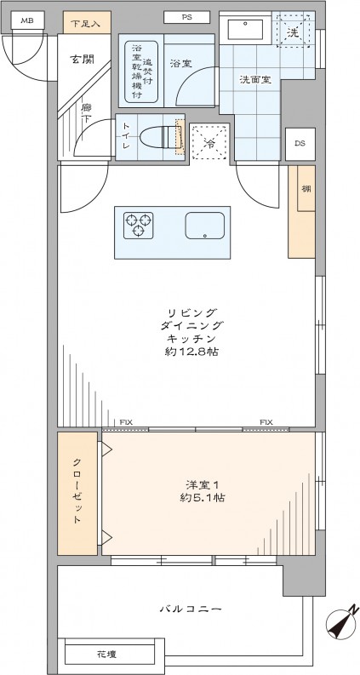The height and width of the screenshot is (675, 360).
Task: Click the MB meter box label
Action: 28,20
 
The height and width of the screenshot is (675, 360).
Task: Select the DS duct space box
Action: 300,143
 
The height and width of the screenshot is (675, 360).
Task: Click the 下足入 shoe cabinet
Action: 84,23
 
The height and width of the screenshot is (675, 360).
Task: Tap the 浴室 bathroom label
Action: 180,63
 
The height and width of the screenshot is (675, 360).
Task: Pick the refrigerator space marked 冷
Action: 209,141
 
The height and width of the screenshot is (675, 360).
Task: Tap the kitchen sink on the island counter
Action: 204,226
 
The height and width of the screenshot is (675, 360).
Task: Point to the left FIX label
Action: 125,422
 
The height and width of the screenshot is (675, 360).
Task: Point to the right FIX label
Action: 266,422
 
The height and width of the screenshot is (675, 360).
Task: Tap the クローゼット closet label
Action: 77,494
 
